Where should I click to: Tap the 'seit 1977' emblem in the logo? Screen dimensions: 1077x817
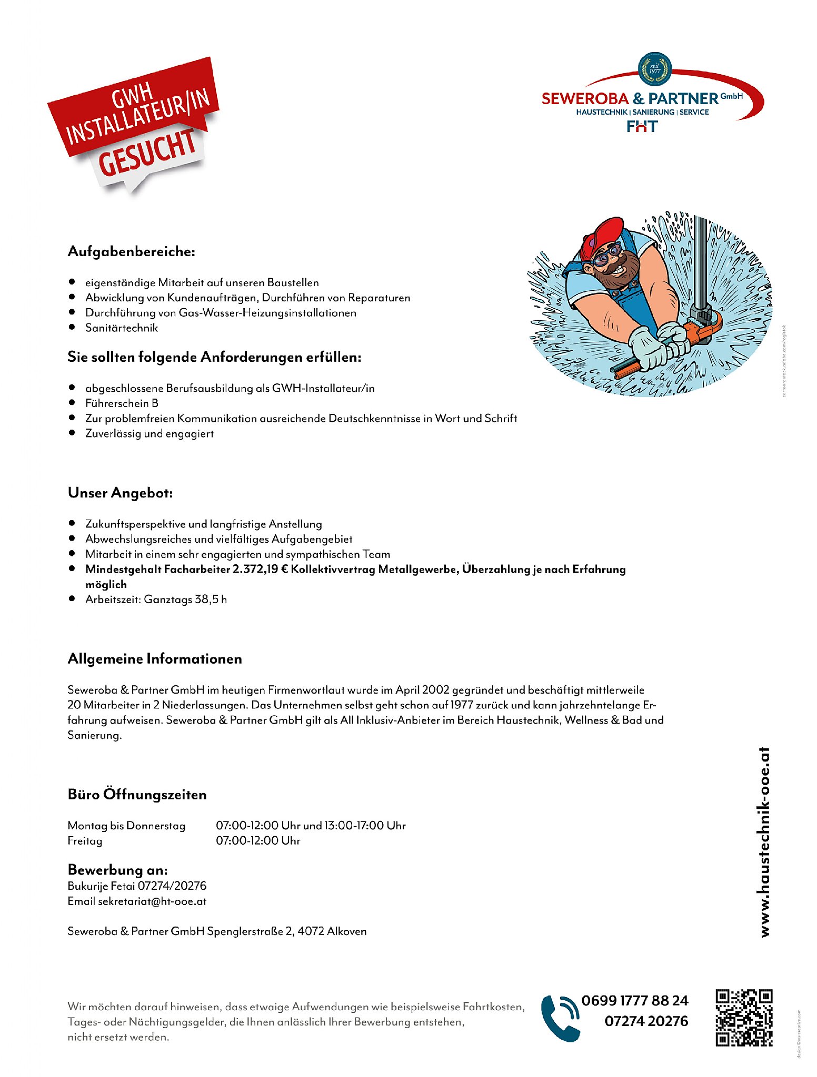pos(654,69)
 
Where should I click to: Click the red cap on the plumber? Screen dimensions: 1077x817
pos(602,235)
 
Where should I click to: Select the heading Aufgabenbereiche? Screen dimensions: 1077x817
pos(131,251)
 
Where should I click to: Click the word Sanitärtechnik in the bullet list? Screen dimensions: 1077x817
pos(122,328)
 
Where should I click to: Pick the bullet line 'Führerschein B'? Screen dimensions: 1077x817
pos(122,403)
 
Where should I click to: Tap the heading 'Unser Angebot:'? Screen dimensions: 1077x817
pos(120,493)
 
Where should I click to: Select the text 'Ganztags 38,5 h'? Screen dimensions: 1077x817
pos(185,599)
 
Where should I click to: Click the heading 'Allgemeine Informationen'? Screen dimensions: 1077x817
pos(155,659)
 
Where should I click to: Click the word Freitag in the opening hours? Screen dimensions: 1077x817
pos(85,840)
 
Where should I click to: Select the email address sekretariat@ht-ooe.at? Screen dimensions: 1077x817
pos(152,901)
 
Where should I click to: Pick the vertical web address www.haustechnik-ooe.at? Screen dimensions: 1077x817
pos(764,841)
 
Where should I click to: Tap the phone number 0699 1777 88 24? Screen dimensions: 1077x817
pos(635,1000)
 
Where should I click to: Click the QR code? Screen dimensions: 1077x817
pos(744,1018)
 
